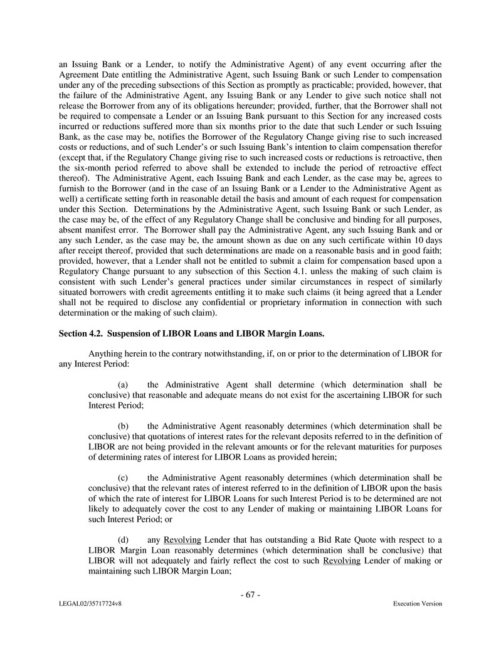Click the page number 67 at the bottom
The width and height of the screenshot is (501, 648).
tap(250, 595)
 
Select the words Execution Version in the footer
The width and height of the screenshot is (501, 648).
tap(417, 604)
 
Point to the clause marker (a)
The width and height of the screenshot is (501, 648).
tap(124, 384)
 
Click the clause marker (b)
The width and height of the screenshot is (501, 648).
tap(124, 425)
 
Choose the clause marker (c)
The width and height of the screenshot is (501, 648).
tap(124, 477)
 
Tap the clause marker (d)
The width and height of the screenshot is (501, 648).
tap(124, 540)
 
